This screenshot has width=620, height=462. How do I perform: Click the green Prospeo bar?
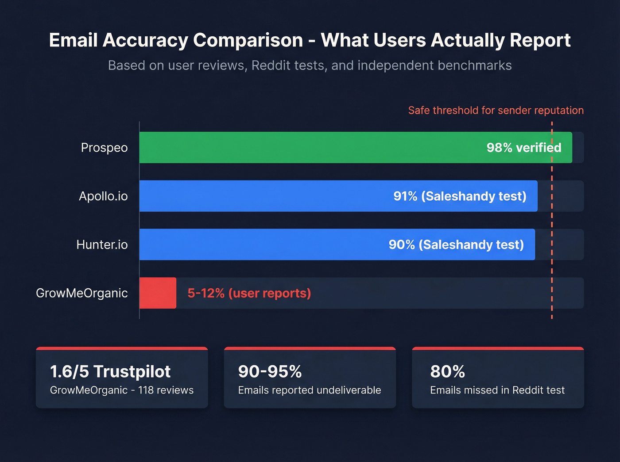pyautogui.click(x=310, y=147)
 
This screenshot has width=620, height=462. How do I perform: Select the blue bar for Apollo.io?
pyautogui.click(x=266, y=196)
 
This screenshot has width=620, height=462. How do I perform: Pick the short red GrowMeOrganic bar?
pyautogui.click(x=158, y=293)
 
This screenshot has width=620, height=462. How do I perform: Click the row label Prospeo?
pyautogui.click(x=104, y=148)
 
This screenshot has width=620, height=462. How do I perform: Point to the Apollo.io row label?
pyautogui.click(x=103, y=196)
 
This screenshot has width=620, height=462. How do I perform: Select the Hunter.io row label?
pyautogui.click(x=102, y=244)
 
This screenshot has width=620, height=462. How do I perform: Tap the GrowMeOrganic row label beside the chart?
pyautogui.click(x=82, y=293)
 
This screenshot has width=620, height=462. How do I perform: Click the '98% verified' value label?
pyautogui.click(x=523, y=148)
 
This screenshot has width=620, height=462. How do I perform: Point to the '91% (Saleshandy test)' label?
pyautogui.click(x=460, y=196)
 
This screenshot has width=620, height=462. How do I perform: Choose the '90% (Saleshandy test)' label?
pyautogui.click(x=456, y=244)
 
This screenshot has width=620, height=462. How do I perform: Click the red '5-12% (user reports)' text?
pyautogui.click(x=249, y=293)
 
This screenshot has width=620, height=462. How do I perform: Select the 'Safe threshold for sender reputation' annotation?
pyautogui.click(x=496, y=110)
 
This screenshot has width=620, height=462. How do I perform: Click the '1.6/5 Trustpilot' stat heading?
pyautogui.click(x=110, y=371)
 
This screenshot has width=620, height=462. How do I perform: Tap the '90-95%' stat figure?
pyautogui.click(x=270, y=371)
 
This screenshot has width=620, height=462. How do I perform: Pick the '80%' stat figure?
pyautogui.click(x=447, y=371)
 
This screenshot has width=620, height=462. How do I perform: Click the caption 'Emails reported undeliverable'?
pyautogui.click(x=310, y=390)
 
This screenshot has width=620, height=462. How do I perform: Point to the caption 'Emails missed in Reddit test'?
pyautogui.click(x=497, y=390)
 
